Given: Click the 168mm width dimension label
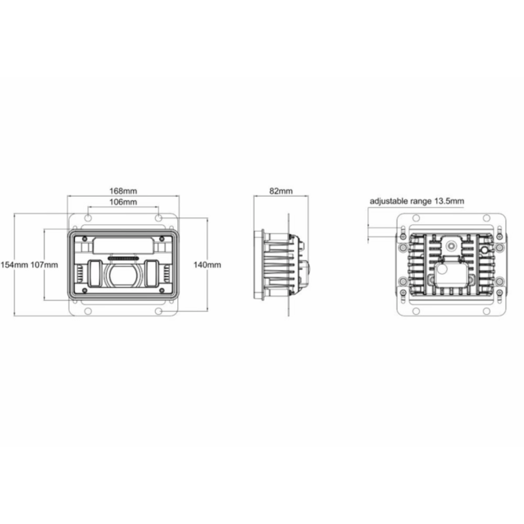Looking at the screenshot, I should (123, 191).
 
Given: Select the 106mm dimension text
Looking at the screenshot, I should (123, 202).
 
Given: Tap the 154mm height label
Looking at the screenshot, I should (14, 265).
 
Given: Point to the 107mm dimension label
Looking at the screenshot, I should (44, 265).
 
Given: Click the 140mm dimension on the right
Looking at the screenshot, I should (208, 265).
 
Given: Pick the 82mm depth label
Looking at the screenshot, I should (281, 191).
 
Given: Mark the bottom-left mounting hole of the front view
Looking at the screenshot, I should (88, 311).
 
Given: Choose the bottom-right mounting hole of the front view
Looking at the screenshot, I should (159, 311).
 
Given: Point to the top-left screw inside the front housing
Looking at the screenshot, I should (85, 238).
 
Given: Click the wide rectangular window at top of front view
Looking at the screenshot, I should (123, 245).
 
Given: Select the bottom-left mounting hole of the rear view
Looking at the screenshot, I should (415, 311).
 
